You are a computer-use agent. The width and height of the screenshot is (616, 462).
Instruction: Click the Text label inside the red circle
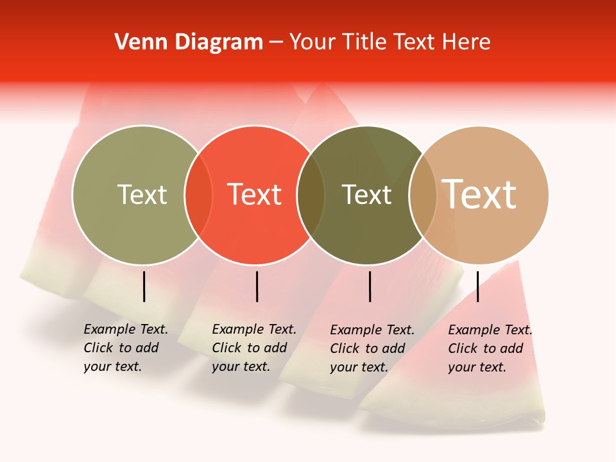pos(255,194)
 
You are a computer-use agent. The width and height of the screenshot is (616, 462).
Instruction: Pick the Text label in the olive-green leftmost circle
pos(142,194)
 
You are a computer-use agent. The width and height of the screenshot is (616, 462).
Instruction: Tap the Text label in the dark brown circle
pos(366,194)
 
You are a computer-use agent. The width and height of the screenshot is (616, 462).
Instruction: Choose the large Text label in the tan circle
pos(479,194)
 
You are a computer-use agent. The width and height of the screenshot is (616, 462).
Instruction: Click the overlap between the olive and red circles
pos(198,195)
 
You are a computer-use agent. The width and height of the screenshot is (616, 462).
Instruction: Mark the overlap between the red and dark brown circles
pos(311,195)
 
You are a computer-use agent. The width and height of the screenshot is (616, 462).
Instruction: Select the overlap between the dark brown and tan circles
pos(423,195)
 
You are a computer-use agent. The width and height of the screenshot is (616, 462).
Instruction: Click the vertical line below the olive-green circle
pos(144,286)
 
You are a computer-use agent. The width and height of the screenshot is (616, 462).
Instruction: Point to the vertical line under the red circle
pos(257,286)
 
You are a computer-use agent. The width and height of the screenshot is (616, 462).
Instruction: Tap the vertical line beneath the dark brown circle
pos(370,286)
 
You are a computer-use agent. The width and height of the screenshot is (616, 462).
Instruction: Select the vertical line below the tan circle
pos(477,286)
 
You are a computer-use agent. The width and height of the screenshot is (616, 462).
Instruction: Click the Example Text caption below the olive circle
pos(125,348)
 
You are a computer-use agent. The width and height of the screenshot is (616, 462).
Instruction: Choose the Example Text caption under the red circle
pos(253,348)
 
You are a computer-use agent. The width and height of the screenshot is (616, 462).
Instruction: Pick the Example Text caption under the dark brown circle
pos(372,348)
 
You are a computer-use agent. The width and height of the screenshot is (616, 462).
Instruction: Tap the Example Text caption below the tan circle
pos(490,348)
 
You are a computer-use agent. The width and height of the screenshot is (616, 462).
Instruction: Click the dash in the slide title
pos(276,43)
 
